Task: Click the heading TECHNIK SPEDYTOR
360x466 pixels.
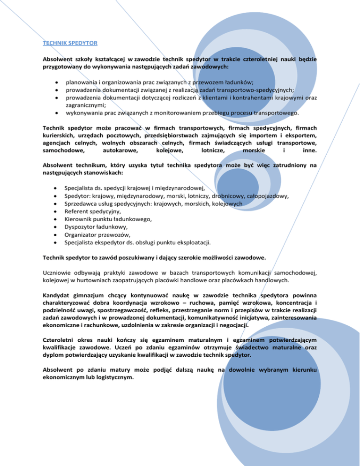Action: (70, 43)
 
